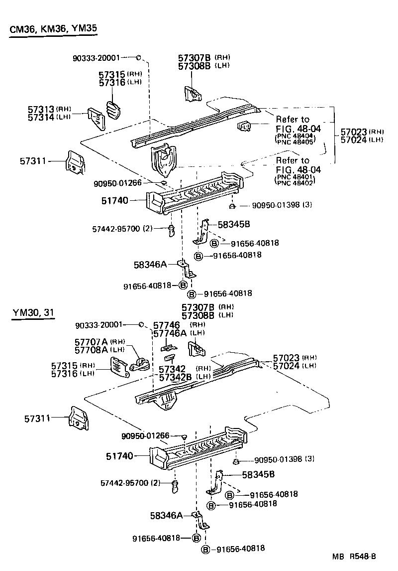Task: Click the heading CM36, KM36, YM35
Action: [53, 29]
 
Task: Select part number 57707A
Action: [91, 341]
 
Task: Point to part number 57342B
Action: [176, 377]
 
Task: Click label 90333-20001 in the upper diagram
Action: [96, 57]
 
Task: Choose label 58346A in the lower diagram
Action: [166, 515]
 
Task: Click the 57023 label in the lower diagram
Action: [286, 358]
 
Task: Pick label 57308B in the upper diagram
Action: [195, 65]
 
